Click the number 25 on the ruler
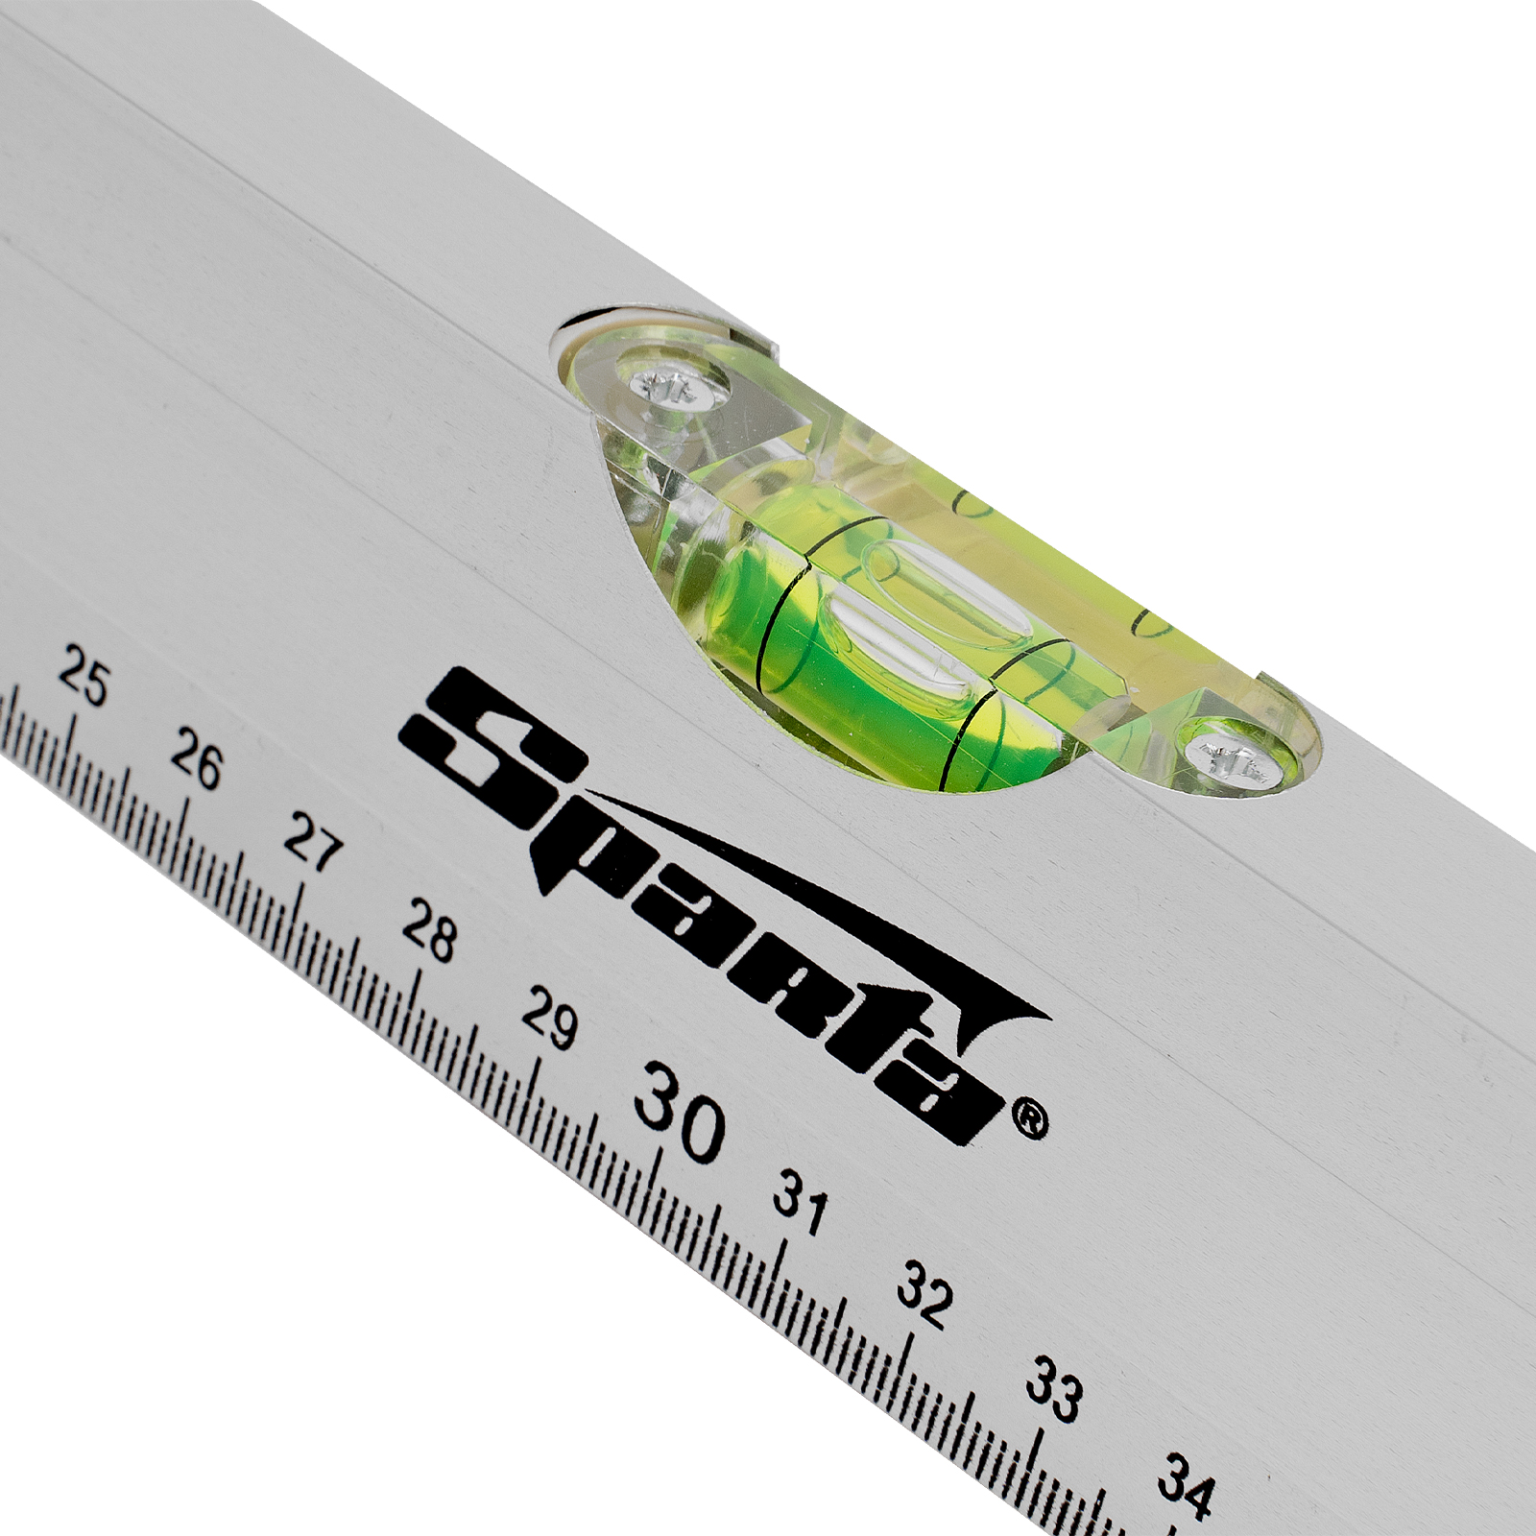click(84, 677)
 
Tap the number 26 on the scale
click(196, 758)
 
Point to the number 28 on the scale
click(428, 928)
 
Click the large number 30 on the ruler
click(679, 1112)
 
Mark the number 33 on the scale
click(1054, 1386)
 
